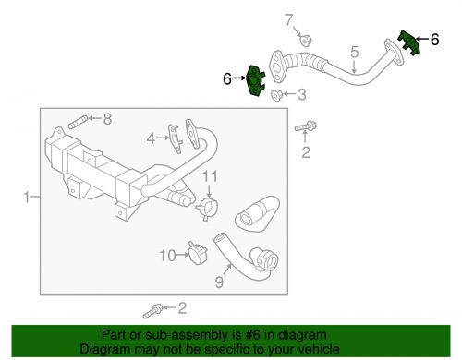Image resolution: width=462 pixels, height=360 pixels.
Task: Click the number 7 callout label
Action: [288, 20]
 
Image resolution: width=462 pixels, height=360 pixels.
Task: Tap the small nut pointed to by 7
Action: [305, 41]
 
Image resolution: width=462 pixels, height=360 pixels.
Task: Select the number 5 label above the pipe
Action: [355, 52]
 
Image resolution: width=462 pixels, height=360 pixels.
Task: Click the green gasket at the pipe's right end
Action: [409, 42]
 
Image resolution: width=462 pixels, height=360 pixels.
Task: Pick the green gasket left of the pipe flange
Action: [256, 81]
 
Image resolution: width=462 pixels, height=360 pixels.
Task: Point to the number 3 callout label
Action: [302, 95]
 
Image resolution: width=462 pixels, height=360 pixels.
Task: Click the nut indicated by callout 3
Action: [276, 95]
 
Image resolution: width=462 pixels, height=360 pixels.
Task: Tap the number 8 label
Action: [107, 119]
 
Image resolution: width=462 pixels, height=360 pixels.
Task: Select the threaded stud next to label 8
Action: [79, 122]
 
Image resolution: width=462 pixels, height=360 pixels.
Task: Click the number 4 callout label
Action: [151, 139]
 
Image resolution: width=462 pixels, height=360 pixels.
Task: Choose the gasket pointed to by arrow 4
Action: [175, 138]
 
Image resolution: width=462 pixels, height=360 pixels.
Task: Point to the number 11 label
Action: [210, 176]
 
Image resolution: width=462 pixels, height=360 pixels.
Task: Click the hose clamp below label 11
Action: [207, 209]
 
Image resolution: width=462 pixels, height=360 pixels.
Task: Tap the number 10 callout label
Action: [167, 256]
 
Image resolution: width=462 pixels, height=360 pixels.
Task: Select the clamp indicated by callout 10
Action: [197, 253]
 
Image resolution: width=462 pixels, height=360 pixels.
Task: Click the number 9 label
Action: [219, 282]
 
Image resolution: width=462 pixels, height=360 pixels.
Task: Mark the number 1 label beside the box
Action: [27, 197]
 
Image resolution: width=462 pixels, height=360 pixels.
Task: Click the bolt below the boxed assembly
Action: [152, 310]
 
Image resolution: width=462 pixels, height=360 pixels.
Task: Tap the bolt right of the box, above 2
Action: [306, 126]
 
